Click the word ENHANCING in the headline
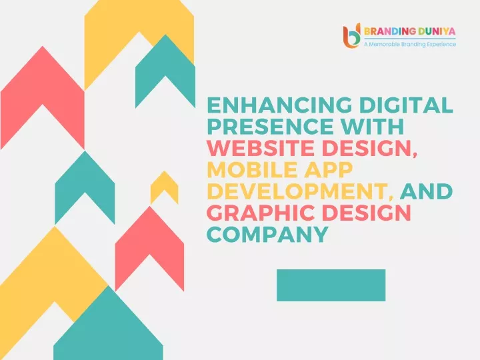[279, 105]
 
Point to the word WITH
[373, 127]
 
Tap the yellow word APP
[329, 169]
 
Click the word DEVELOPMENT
[297, 191]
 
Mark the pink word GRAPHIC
[261, 213]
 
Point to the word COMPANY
[268, 234]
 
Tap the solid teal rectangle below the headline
[331, 285]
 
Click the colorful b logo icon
[351, 35]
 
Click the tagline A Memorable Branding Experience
[410, 45]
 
